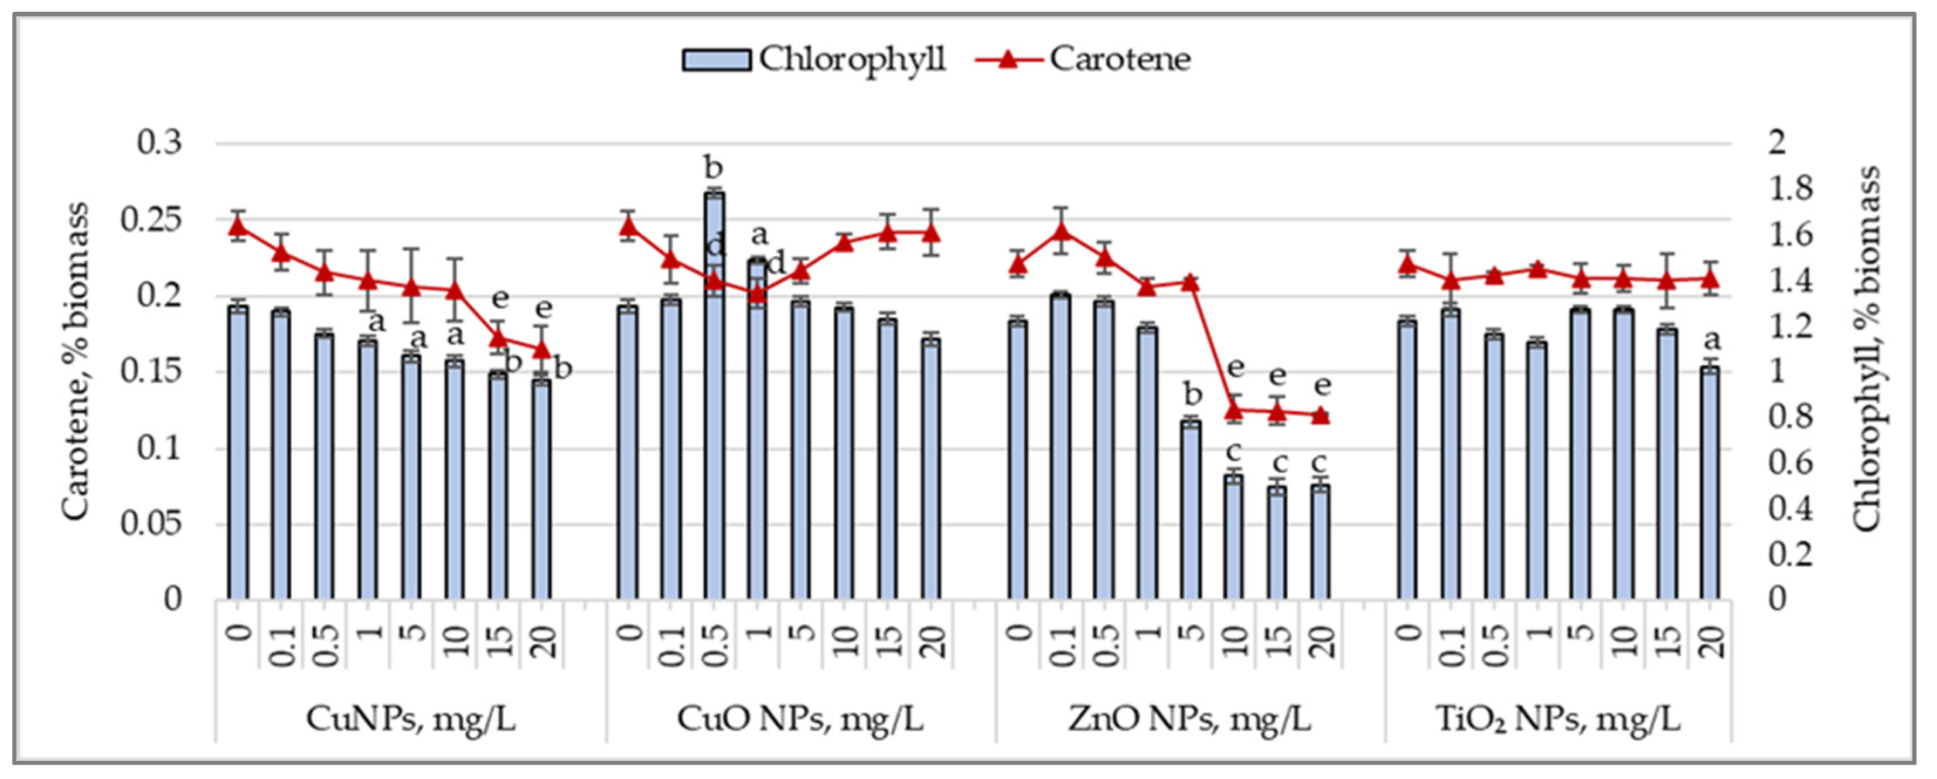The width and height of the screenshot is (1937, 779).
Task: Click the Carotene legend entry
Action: pos(1083,59)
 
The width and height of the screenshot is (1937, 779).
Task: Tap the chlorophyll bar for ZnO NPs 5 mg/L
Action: pos(1191,511)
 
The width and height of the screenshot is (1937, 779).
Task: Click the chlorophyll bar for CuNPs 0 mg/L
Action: pos(238,451)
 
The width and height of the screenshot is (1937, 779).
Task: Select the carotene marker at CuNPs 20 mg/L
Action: pos(542,350)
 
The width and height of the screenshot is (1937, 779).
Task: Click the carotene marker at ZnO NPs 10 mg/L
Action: pos(1234,410)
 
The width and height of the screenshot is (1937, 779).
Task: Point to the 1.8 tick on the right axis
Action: pos(1789,189)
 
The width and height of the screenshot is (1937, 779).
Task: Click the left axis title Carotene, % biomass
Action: pos(75,361)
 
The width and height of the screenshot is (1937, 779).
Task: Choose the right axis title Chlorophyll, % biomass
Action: pos(1866,350)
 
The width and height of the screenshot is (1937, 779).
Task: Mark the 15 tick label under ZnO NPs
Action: pos(1277,639)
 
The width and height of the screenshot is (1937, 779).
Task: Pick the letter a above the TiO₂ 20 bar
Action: pos(1711,341)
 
